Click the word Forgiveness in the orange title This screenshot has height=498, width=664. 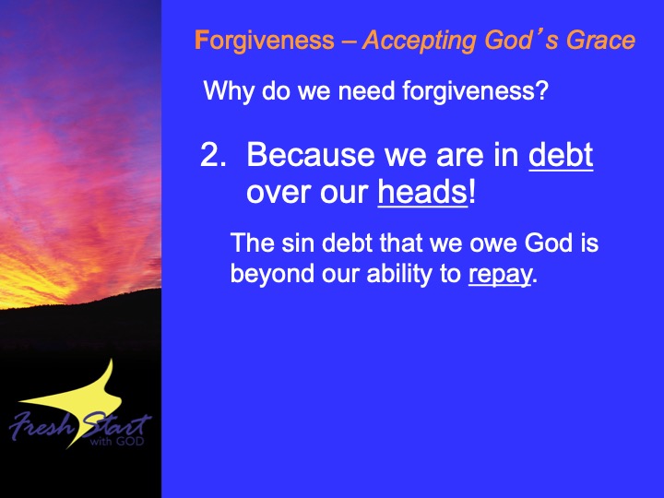(265, 41)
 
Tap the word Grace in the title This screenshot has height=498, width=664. (601, 40)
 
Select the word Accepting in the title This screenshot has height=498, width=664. (421, 41)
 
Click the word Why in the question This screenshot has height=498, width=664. (229, 91)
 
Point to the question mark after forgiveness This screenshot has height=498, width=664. (542, 90)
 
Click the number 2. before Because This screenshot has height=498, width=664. (213, 154)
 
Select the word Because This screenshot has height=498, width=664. (311, 154)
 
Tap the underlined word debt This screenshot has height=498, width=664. (561, 155)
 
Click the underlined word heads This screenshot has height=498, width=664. (422, 192)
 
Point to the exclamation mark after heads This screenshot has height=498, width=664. (472, 192)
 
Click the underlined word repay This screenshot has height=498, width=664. (500, 275)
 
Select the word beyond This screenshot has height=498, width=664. (272, 274)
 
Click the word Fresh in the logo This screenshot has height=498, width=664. (41, 425)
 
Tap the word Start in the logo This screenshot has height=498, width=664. (115, 425)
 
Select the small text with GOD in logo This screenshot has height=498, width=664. (117, 441)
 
